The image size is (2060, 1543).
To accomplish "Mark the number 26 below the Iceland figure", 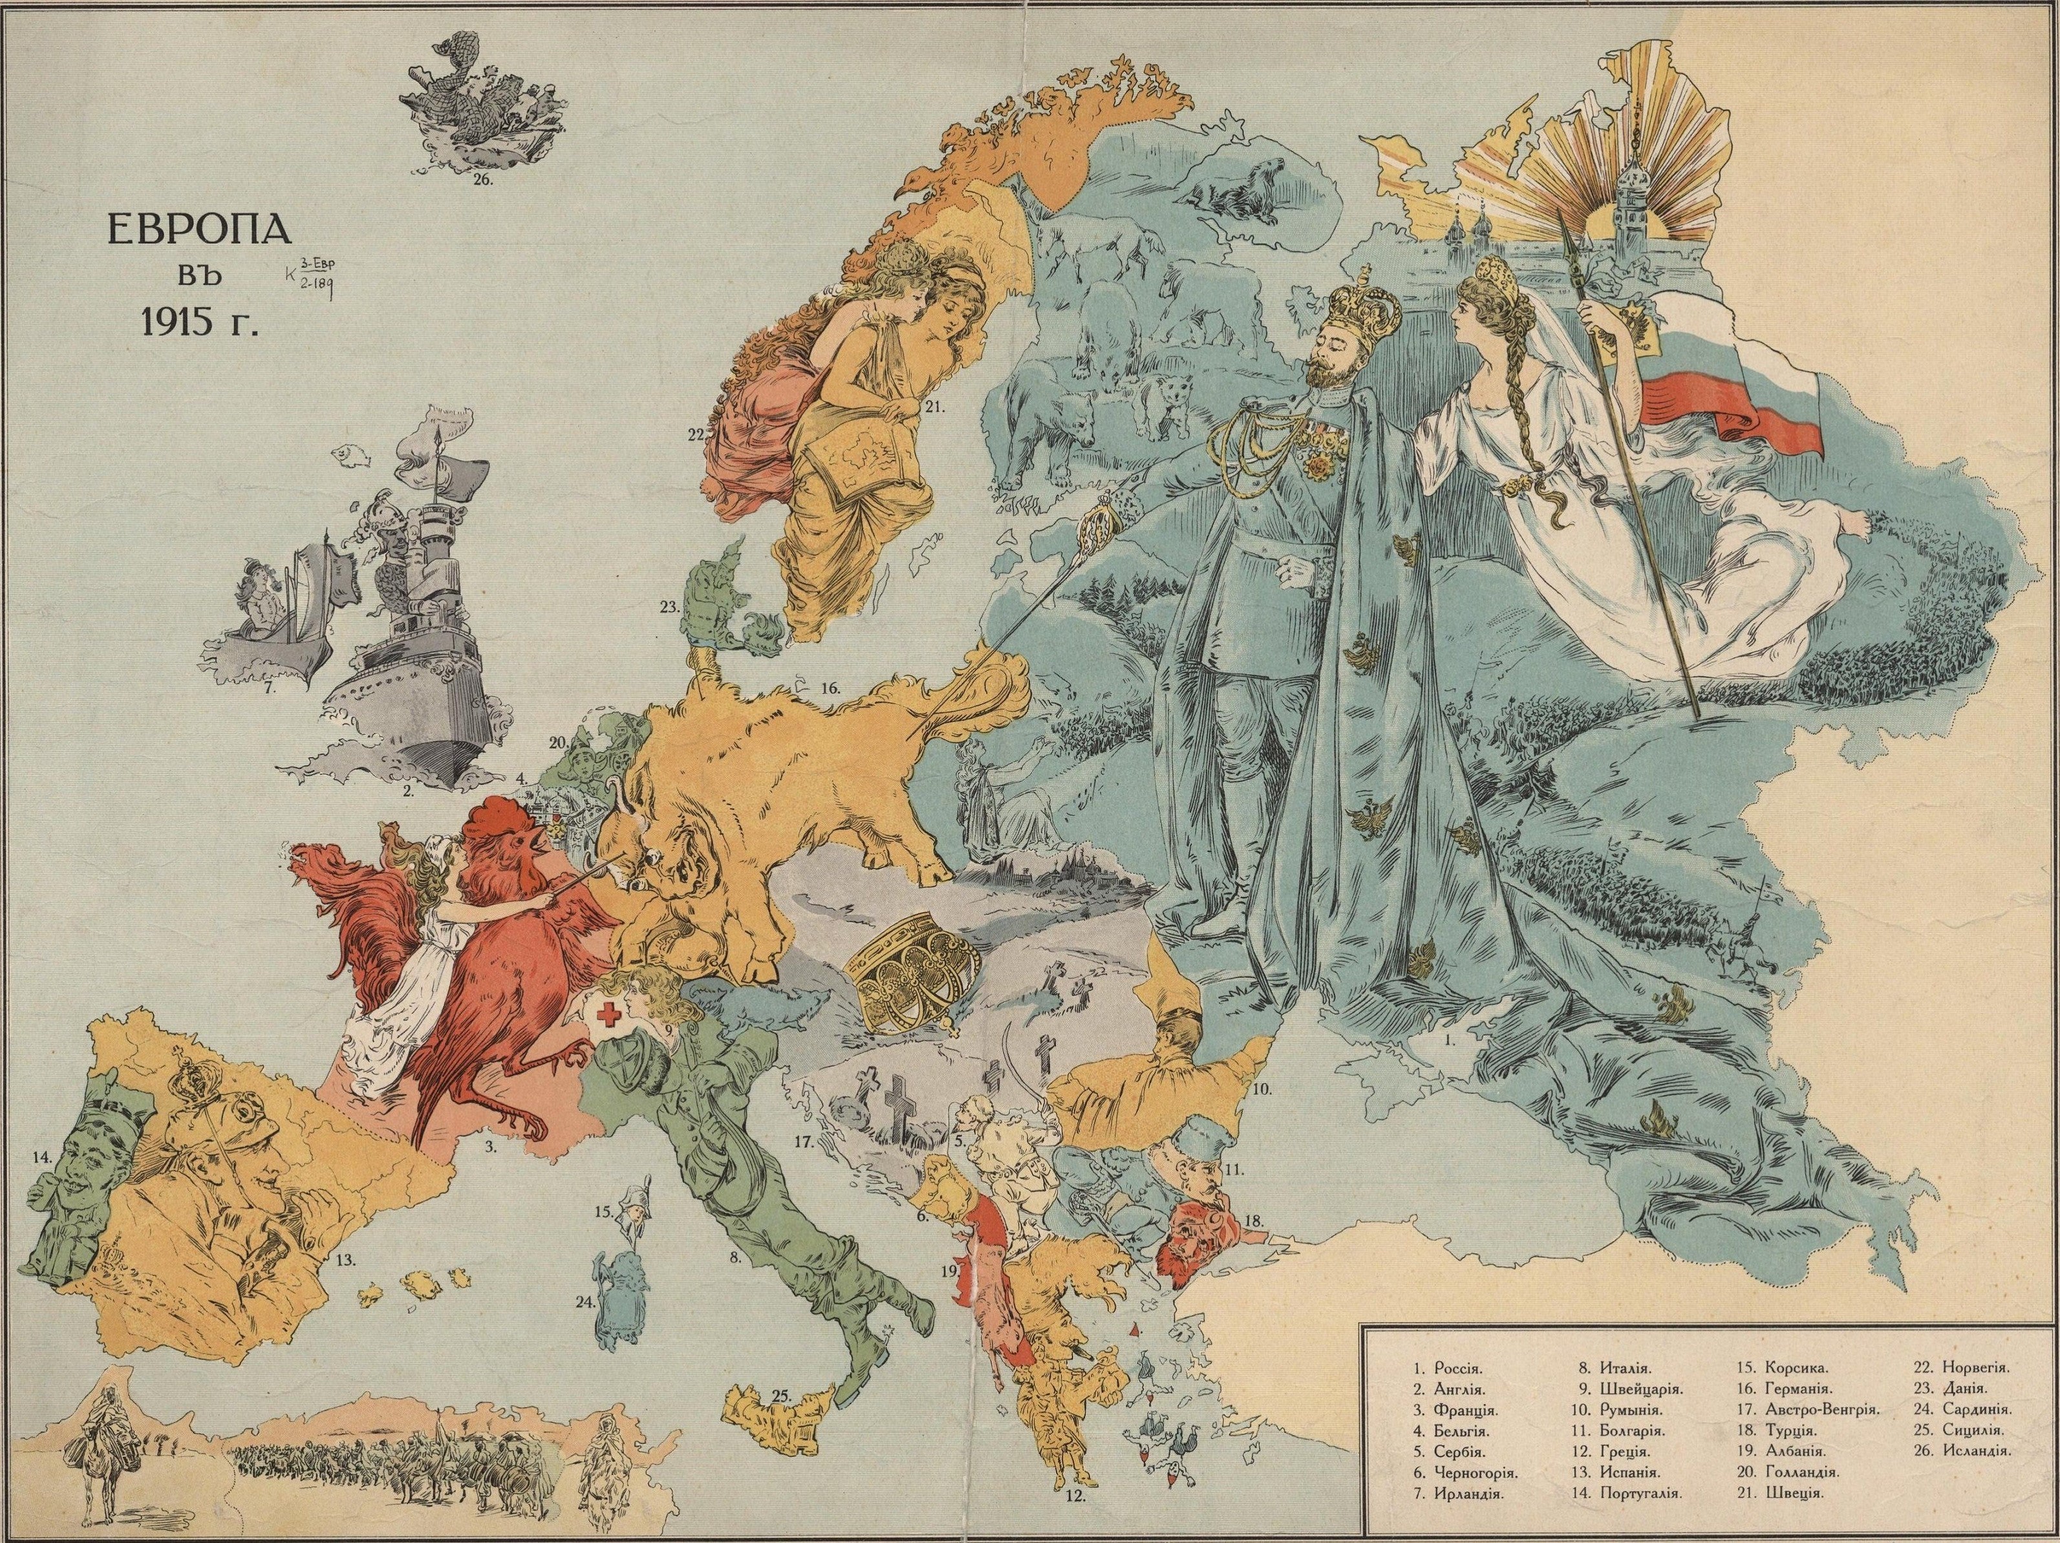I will [x=482, y=180].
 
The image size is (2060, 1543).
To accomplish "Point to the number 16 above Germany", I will [x=831, y=689].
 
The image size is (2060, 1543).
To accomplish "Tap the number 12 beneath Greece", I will [x=1074, y=1499].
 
